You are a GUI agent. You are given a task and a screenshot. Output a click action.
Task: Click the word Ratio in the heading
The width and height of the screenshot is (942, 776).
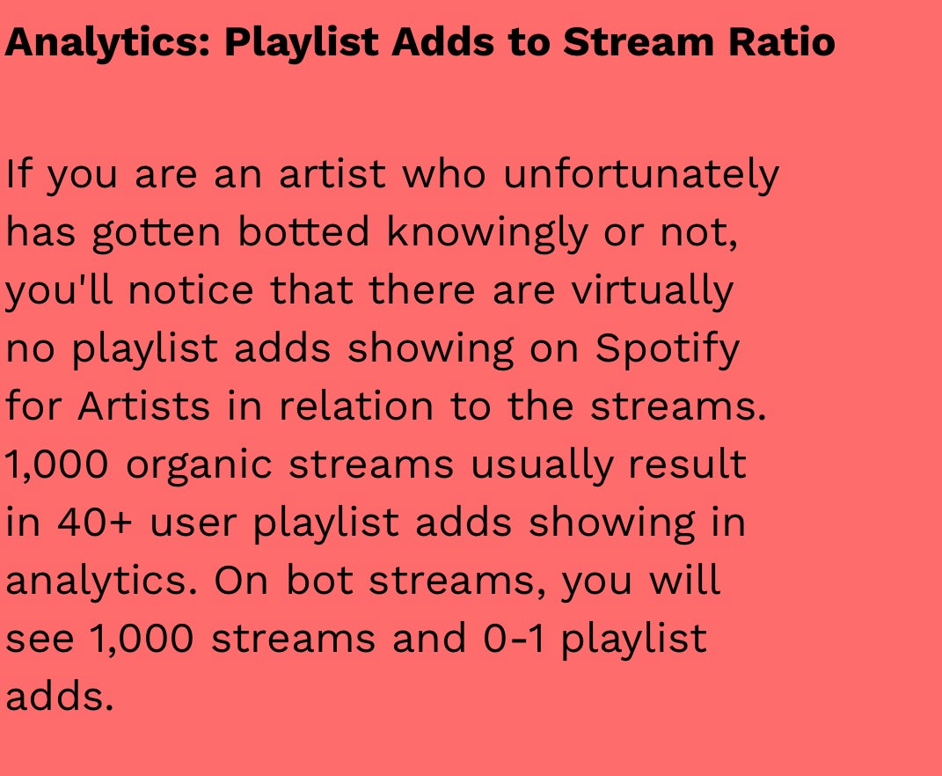pyautogui.click(x=782, y=42)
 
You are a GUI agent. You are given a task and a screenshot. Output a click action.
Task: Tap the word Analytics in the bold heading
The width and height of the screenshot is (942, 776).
pyautogui.click(x=107, y=43)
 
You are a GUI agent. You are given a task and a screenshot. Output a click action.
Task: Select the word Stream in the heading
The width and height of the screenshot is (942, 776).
pyautogui.click(x=638, y=42)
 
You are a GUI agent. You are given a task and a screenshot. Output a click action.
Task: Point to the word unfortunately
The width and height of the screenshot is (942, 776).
pyautogui.click(x=641, y=175)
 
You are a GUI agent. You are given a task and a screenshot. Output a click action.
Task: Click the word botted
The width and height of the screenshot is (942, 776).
pyautogui.click(x=303, y=231)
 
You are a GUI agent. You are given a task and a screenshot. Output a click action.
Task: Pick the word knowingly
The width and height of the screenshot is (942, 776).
pyautogui.click(x=486, y=233)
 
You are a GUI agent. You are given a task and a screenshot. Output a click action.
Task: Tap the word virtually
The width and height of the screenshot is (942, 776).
pyautogui.click(x=652, y=291)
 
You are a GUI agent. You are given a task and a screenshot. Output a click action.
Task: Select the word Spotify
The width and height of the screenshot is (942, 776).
pyautogui.click(x=667, y=349)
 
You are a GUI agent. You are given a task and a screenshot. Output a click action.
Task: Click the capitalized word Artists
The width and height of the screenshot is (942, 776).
pyautogui.click(x=143, y=406)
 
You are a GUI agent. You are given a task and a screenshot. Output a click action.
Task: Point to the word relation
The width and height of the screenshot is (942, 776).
pyautogui.click(x=356, y=406)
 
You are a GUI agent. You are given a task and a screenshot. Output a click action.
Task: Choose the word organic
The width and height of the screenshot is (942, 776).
pyautogui.click(x=199, y=465)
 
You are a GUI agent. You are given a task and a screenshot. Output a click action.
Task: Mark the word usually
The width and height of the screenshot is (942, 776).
pyautogui.click(x=541, y=465)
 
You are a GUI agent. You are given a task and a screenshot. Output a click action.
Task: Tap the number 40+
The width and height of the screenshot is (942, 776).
pyautogui.click(x=94, y=522)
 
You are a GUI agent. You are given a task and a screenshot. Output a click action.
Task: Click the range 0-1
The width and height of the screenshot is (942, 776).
pyautogui.click(x=515, y=639)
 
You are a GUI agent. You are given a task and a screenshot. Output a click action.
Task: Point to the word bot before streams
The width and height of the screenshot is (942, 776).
pyautogui.click(x=319, y=580)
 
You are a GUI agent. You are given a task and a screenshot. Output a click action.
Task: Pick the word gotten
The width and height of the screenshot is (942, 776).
pyautogui.click(x=157, y=233)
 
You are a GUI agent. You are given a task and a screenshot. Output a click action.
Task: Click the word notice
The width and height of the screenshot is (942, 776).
pyautogui.click(x=191, y=289)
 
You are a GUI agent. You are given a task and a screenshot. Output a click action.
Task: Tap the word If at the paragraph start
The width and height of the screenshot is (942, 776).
pyautogui.click(x=18, y=173)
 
